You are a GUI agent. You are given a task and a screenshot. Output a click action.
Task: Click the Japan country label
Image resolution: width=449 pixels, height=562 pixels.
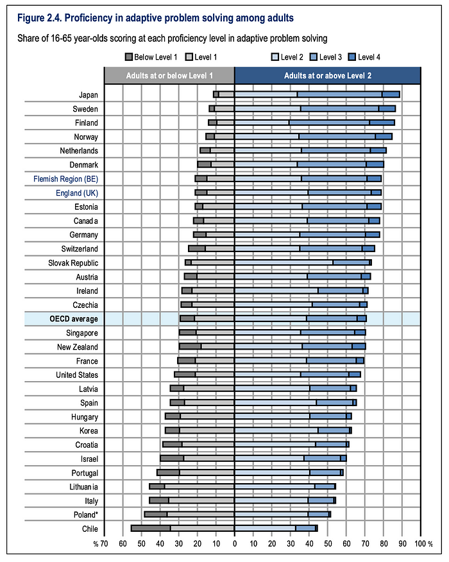coord(88,95)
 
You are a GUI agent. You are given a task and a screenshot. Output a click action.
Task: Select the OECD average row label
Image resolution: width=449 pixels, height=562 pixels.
coord(74,319)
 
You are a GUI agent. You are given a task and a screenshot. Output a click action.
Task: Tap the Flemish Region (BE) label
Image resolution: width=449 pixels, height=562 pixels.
coord(65,179)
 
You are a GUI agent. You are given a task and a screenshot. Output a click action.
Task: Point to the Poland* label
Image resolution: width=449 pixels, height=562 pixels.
coord(86,515)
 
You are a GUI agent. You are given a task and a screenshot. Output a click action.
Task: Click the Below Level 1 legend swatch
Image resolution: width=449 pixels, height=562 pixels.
coord(129,57)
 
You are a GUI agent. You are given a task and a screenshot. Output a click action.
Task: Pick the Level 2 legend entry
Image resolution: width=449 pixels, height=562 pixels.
coord(287,57)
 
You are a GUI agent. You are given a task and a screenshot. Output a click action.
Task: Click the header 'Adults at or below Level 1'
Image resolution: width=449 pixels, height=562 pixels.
coord(169,76)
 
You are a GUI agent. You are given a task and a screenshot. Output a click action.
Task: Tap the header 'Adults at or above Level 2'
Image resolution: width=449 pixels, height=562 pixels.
coord(328,76)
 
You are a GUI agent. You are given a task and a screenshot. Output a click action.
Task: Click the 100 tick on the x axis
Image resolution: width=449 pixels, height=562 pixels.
coord(420,544)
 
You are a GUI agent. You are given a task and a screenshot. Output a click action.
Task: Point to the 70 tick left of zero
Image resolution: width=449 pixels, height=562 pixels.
coord(104,544)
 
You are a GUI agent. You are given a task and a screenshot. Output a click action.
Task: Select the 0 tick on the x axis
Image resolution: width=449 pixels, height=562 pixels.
coord(235,544)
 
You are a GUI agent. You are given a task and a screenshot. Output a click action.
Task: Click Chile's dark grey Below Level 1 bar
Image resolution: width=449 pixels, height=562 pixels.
coord(151,528)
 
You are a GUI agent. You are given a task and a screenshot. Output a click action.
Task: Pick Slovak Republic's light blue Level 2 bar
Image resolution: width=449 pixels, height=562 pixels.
coord(284,263)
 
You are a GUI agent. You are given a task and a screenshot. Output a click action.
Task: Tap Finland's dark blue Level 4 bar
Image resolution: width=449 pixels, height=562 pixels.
coord(382,123)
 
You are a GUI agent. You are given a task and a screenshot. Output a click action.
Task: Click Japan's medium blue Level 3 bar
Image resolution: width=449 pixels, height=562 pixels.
coord(340,94)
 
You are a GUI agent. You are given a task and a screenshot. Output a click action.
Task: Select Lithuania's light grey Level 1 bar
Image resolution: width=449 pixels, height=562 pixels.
coord(199,486)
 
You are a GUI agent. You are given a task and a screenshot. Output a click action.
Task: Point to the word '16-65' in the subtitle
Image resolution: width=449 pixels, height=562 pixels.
coord(62,38)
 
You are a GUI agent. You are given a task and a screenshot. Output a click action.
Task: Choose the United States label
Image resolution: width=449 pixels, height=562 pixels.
coord(77,375)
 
